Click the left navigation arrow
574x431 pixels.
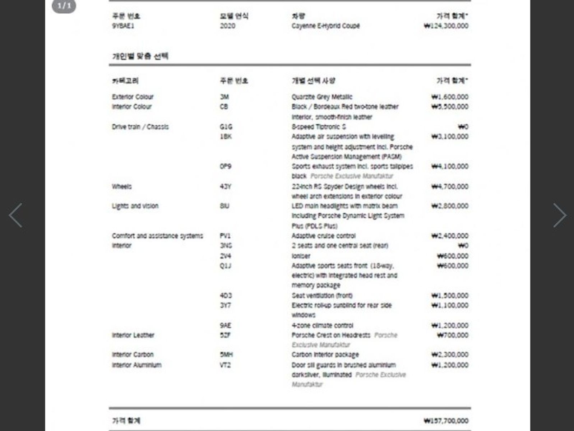(x=16, y=215)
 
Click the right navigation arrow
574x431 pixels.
(x=559, y=215)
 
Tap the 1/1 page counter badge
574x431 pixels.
(x=64, y=6)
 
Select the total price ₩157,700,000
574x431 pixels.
(x=446, y=421)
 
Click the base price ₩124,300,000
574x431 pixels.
(x=446, y=26)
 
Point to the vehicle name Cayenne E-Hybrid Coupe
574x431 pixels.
(x=325, y=26)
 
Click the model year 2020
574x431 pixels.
(x=227, y=26)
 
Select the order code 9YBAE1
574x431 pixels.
(x=123, y=26)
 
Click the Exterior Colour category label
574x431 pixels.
(x=133, y=97)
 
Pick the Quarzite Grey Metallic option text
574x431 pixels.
(x=322, y=97)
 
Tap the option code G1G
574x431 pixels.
(x=226, y=127)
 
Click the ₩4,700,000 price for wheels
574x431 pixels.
(x=450, y=186)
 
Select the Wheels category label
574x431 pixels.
(x=122, y=186)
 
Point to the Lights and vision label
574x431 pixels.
(x=135, y=206)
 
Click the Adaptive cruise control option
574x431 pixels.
(x=323, y=236)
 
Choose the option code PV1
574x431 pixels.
(x=225, y=236)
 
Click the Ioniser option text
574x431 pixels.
(x=301, y=256)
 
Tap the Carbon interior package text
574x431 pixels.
(x=325, y=354)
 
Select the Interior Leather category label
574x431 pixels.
(x=133, y=335)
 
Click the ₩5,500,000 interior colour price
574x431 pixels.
(x=450, y=107)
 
